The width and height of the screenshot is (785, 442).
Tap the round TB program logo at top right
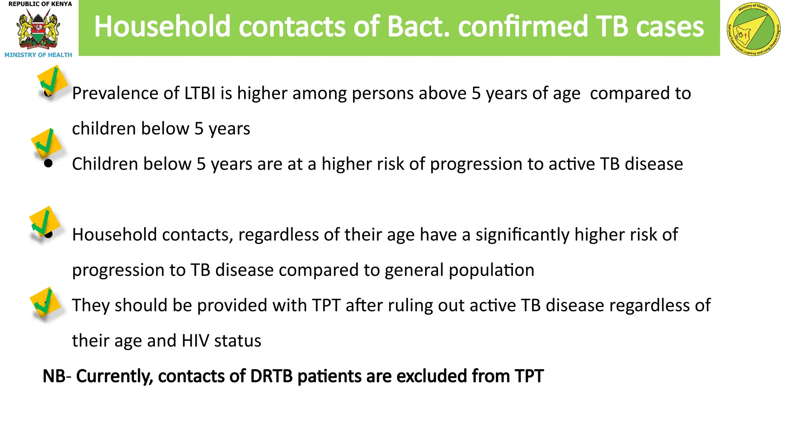[x=753, y=30]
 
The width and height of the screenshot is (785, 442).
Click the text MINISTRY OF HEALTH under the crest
[x=38, y=55]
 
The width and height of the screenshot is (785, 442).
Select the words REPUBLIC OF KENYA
[x=40, y=4]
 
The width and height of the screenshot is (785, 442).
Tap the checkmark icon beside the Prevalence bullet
[x=52, y=81]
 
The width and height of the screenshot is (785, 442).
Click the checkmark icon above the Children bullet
[x=46, y=143]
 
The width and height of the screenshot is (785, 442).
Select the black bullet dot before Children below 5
[x=48, y=164]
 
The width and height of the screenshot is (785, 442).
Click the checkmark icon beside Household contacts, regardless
[x=44, y=223]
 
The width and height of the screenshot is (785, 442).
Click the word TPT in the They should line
[x=326, y=305]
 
